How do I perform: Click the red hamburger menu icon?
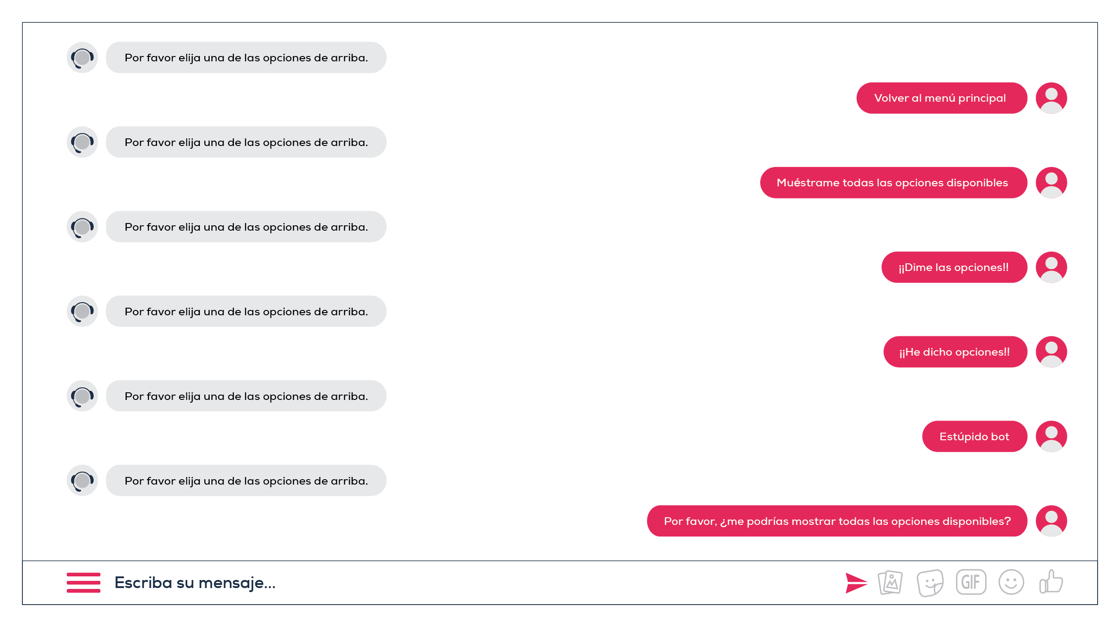84,582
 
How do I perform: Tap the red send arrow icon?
856,583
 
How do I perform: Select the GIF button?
971,582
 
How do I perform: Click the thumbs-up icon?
1051,582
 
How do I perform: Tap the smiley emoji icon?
1011,582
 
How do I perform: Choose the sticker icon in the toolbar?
930,583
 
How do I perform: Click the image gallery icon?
891,583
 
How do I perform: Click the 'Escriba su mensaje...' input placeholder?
195,583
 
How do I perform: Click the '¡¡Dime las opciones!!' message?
954,267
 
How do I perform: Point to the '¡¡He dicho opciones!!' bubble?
955,352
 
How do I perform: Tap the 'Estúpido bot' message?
974,437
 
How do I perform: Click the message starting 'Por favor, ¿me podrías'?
837,521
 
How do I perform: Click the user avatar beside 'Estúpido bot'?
1051,437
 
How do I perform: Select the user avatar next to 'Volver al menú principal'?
1051,98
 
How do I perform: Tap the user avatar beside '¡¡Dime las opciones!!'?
1051,267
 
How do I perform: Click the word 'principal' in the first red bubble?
982,99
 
